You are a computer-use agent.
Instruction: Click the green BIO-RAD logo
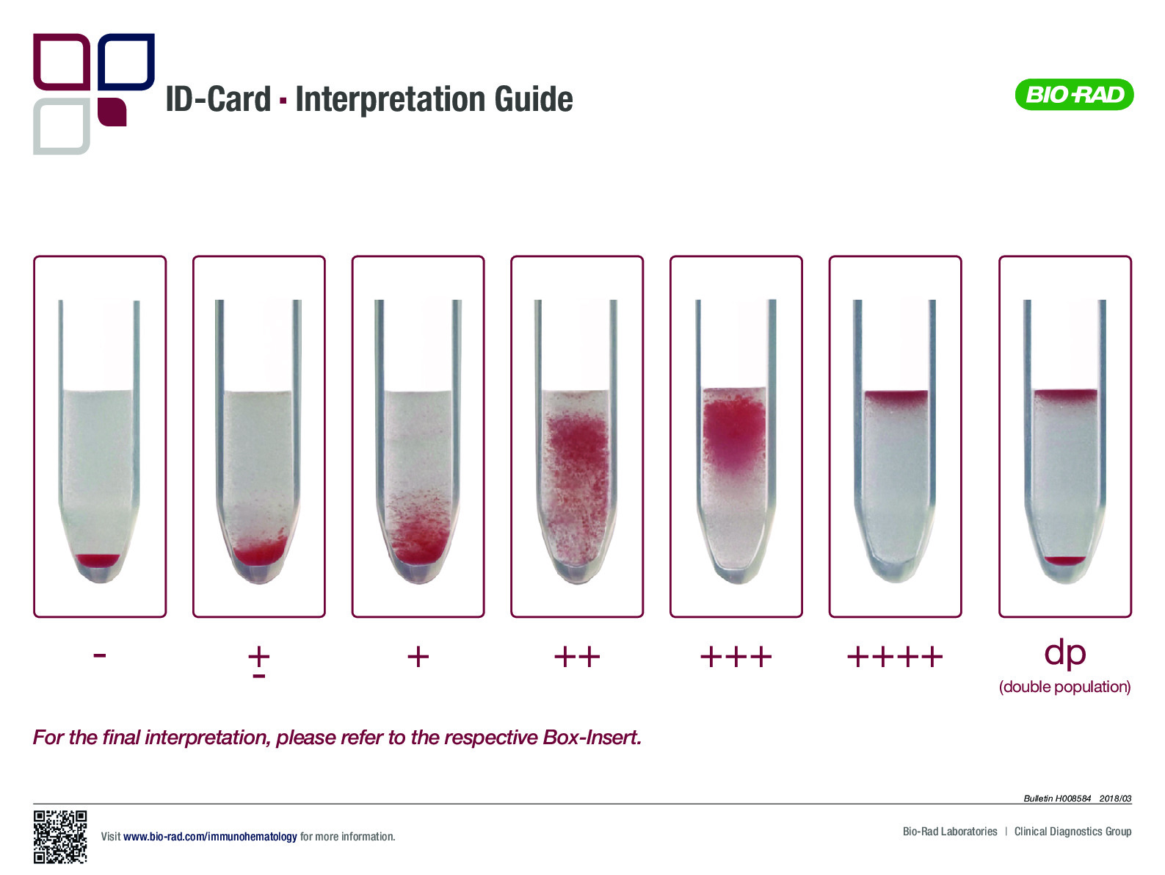1074,95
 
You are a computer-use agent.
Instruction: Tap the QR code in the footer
60,837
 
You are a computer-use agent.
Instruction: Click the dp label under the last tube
1064,654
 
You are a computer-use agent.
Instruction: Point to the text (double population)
1064,687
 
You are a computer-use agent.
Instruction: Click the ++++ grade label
895,657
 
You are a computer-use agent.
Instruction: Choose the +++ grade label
736,657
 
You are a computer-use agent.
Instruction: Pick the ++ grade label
577,657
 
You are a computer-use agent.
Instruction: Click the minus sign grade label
100,655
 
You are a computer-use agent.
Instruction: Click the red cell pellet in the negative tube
98,561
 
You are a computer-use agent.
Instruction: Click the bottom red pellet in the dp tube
1065,560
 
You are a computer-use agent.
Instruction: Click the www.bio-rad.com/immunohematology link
210,837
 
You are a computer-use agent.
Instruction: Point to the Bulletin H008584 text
1057,799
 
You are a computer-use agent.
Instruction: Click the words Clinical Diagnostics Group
1073,832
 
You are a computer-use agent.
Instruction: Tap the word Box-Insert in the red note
592,737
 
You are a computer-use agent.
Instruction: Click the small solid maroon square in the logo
112,112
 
